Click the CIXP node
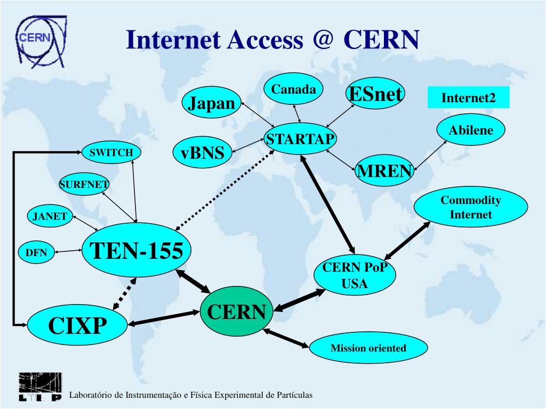click(x=78, y=325)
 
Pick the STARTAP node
click(x=301, y=140)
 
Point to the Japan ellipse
click(x=211, y=103)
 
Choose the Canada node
click(x=294, y=90)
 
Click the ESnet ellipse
click(x=375, y=94)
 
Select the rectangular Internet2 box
click(x=468, y=98)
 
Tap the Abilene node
click(x=471, y=130)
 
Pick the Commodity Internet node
click(x=471, y=208)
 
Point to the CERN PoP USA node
click(x=355, y=276)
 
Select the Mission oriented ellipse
click(x=368, y=349)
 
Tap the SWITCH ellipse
click(x=111, y=153)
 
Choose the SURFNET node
click(x=84, y=185)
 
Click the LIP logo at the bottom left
click(x=40, y=387)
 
